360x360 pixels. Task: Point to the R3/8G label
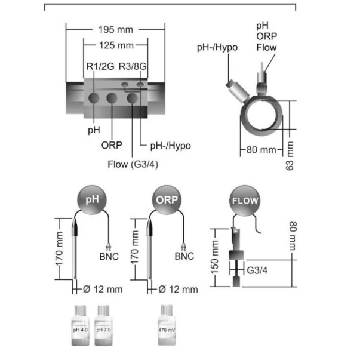(x=133, y=67)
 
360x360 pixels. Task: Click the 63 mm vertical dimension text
(x=290, y=153)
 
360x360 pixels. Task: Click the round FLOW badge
(x=244, y=201)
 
